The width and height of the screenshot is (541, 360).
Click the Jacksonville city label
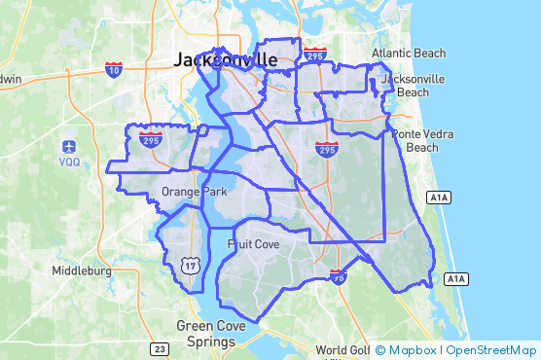point(225,60)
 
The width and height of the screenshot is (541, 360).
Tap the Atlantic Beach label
point(409,54)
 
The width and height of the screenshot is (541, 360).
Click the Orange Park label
point(195,192)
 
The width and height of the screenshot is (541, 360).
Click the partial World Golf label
point(343,350)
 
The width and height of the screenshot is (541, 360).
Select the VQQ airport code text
point(70,162)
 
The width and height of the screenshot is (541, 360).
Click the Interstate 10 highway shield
point(114,68)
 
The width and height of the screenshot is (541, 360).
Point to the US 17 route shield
point(192,264)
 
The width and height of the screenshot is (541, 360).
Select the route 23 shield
point(159,347)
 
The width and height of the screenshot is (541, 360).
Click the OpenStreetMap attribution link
point(491,350)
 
